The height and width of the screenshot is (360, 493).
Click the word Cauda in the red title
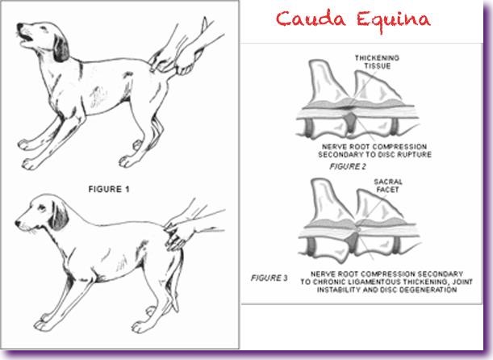(x=311, y=19)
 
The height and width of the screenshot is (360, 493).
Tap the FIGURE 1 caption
(x=109, y=189)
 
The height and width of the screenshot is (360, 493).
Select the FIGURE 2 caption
(x=348, y=166)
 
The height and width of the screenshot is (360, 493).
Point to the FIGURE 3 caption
(x=269, y=278)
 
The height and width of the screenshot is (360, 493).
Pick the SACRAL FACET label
(x=388, y=186)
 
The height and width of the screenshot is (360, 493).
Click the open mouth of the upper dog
(x=27, y=39)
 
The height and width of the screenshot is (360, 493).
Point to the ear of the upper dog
(x=61, y=48)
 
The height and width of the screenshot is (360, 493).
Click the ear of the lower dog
(x=58, y=216)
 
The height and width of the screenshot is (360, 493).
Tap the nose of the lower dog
(x=18, y=224)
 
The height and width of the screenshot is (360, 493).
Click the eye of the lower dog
(x=41, y=207)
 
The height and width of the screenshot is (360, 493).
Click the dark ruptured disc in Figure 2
(x=351, y=121)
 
